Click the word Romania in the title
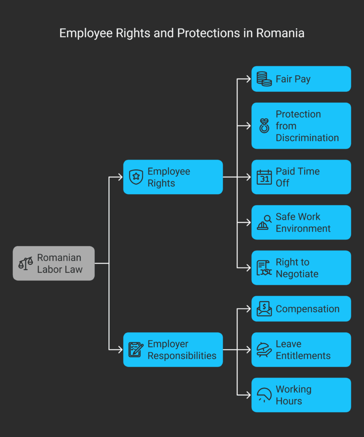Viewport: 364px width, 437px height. pos(280,33)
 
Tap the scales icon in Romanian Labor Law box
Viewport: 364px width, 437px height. pos(26,263)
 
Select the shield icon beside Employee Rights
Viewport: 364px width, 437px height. pos(136,177)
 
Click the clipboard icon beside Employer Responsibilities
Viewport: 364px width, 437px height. pos(136,350)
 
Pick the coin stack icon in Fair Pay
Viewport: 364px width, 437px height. pos(264,79)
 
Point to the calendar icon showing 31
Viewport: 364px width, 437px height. pos(264,177)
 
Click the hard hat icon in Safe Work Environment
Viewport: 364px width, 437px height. pos(264,222)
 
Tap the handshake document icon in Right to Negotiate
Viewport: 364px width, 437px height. pos(264,268)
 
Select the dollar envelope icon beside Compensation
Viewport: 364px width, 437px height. pos(264,309)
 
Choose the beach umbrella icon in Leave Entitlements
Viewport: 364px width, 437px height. pos(264,350)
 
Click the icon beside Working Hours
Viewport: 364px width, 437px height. pos(264,395)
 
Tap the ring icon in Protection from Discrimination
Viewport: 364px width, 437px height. pos(264,126)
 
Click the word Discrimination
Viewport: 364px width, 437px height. pos(307,138)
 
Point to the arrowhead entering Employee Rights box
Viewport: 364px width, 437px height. pos(121,177)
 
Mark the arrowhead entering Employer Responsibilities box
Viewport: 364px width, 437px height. pos(121,350)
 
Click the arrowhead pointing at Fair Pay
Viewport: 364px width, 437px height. pos(249,79)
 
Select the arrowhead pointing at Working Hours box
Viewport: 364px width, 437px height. pos(249,395)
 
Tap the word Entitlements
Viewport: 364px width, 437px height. pos(303,355)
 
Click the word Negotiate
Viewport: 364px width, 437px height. pos(297,274)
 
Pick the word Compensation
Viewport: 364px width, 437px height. pos(307,309)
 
